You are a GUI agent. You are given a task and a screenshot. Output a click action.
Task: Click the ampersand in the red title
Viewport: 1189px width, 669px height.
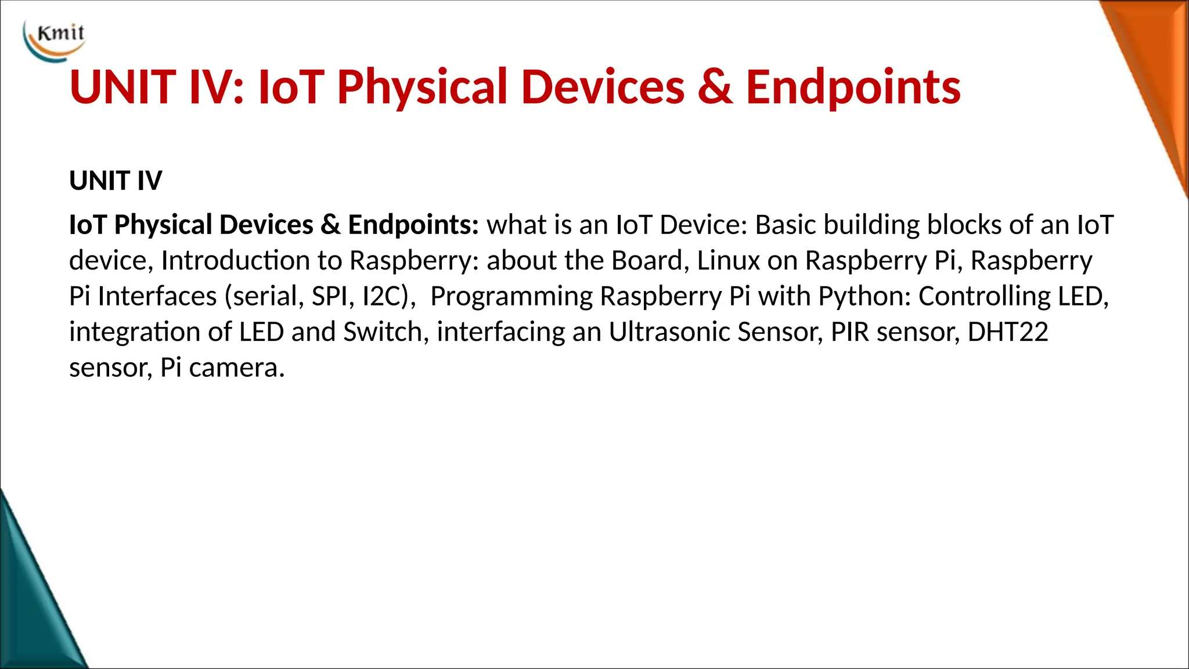point(715,87)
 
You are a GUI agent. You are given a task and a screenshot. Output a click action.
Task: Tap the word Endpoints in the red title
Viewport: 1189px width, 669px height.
point(853,87)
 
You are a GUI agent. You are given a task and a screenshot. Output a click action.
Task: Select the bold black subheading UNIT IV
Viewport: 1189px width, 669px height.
point(116,181)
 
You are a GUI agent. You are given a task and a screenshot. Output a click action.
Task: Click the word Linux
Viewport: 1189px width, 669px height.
point(728,261)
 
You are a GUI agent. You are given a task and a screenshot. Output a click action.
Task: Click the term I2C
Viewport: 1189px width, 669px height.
point(382,297)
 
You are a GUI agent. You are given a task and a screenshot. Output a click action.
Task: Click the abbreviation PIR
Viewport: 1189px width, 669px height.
point(849,332)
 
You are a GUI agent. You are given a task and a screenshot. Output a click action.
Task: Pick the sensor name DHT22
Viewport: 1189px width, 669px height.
point(1007,332)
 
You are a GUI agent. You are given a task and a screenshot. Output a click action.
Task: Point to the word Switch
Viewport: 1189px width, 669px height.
point(383,332)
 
